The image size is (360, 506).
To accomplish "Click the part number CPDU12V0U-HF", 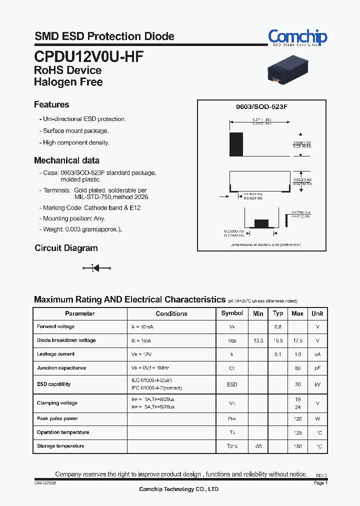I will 89,55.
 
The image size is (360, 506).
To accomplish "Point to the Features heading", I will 51,104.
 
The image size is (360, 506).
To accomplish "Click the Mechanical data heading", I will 66,160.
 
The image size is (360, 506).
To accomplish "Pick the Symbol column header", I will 232,313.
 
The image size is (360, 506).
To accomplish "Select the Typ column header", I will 278,313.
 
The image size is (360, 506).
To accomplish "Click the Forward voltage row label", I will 55,326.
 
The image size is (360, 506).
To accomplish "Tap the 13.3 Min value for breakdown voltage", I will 258,340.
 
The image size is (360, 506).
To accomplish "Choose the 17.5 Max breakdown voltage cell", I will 297,340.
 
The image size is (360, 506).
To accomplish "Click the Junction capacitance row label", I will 61,368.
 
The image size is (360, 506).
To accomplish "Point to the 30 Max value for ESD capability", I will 298,384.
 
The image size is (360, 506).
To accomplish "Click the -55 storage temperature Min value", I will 258,446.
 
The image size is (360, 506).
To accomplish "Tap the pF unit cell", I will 317,368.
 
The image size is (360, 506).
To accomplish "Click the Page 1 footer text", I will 320,483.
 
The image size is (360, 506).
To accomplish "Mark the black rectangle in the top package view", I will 236,145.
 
